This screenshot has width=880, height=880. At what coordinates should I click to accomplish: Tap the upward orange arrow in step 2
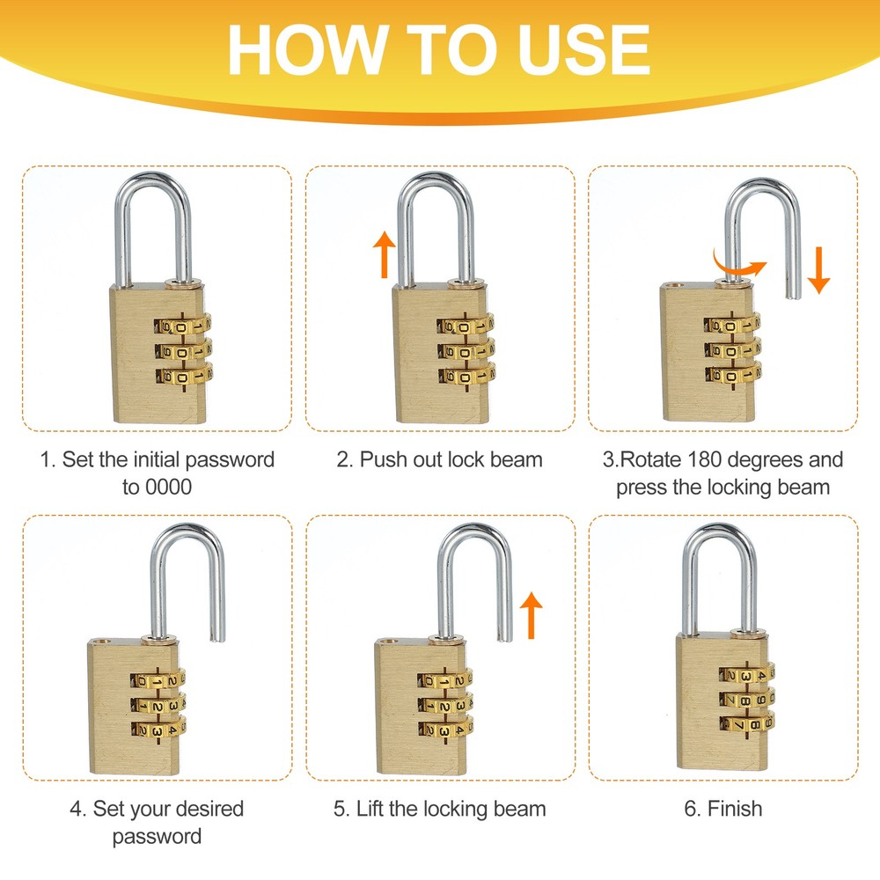(x=384, y=255)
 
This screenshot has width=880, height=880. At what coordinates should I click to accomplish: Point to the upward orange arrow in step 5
(x=531, y=615)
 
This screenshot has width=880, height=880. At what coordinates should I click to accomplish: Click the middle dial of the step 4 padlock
(x=158, y=704)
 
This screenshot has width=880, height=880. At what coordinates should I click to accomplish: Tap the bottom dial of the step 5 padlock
(x=445, y=729)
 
